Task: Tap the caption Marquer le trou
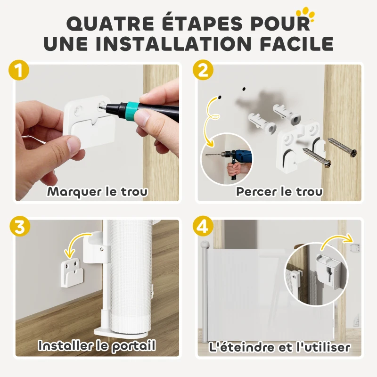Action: pyautogui.click(x=97, y=192)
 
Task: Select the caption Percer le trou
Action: pyautogui.click(x=279, y=192)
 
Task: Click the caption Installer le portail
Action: pyautogui.click(x=97, y=346)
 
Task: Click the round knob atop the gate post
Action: pyautogui.click(x=205, y=245)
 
